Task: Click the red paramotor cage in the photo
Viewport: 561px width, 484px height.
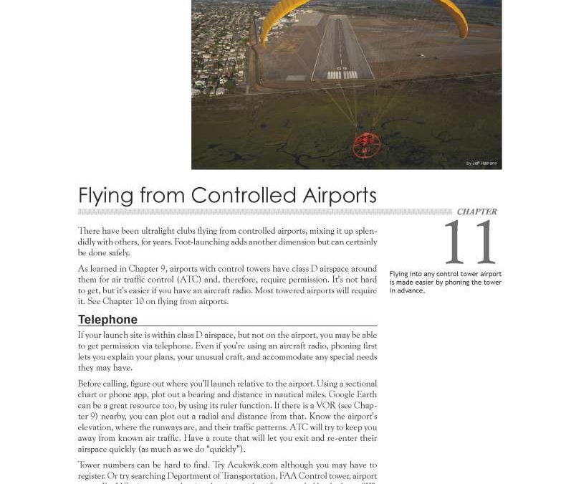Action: coord(366,144)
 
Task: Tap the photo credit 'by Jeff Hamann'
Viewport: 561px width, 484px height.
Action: coord(481,163)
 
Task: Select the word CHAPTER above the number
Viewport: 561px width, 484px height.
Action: coord(476,212)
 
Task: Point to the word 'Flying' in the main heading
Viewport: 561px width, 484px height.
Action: coord(105,196)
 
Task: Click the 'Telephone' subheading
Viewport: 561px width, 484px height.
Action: coord(107,320)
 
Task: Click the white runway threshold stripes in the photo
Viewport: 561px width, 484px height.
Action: coord(342,75)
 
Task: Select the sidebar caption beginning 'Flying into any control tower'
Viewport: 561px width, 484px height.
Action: coord(445,282)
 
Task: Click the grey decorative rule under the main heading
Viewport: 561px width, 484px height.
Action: coord(265,212)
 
